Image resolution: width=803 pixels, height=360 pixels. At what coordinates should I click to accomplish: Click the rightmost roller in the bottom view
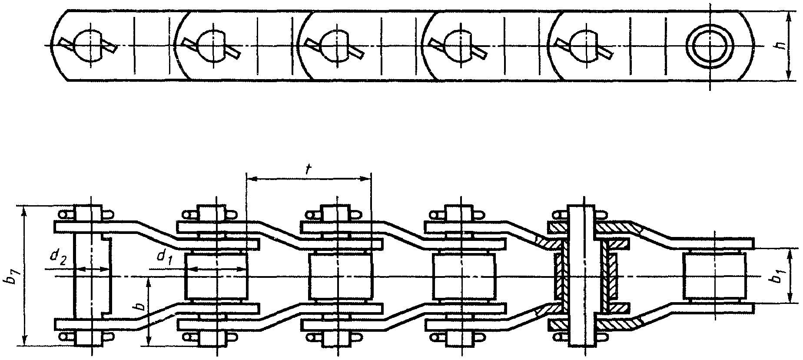click(x=714, y=277)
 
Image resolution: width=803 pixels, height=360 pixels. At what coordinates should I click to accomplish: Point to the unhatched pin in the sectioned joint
click(x=581, y=277)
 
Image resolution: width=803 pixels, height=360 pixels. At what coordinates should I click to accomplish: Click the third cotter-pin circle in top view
click(x=335, y=45)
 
